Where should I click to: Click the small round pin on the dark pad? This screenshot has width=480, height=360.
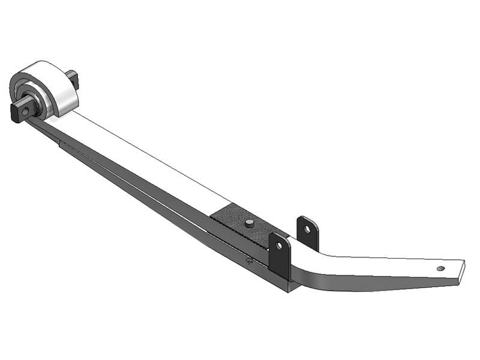248,223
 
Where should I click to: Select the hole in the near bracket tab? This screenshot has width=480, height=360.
279,246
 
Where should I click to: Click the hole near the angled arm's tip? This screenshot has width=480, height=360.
441,268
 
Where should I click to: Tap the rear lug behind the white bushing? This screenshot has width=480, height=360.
73,79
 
